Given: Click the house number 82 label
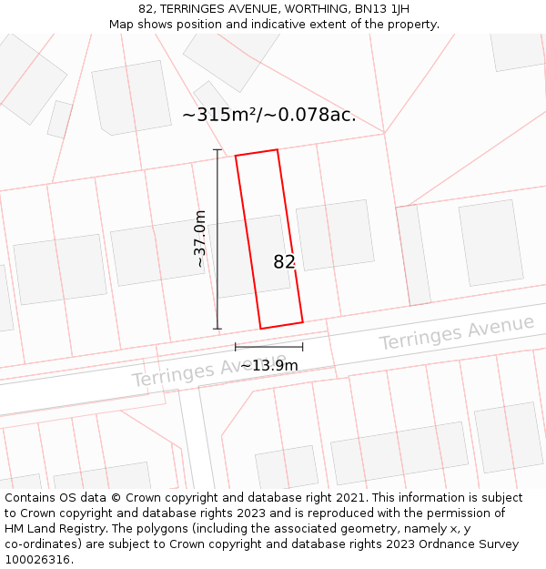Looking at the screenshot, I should coord(284,262).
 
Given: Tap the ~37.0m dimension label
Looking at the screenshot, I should coord(200,239).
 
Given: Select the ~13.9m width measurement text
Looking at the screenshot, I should coord(269,365).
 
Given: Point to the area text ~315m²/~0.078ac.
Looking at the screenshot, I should coord(269,116).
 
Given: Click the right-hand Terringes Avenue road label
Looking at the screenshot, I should coord(457,333).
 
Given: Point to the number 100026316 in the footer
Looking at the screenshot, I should coord(37,560).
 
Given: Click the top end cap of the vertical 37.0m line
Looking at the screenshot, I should coord(217,150).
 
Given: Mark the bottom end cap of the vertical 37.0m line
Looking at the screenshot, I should coord(217,329).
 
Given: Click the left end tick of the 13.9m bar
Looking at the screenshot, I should coord(236,346).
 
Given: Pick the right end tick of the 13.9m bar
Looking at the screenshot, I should coord(303,346).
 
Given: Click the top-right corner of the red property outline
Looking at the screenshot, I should coord(278,150).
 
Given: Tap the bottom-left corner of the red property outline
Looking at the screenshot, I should coord(261,329).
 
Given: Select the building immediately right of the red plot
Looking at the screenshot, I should coord(335,234).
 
